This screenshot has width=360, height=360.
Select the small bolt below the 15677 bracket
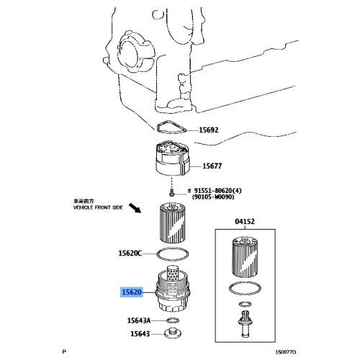(172, 193)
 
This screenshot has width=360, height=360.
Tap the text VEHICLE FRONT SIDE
(99, 207)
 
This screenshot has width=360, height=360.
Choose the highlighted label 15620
(131, 293)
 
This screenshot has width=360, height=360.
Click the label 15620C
(130, 253)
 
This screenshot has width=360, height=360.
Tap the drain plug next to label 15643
(173, 333)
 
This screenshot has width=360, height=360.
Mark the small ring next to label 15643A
(172, 320)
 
